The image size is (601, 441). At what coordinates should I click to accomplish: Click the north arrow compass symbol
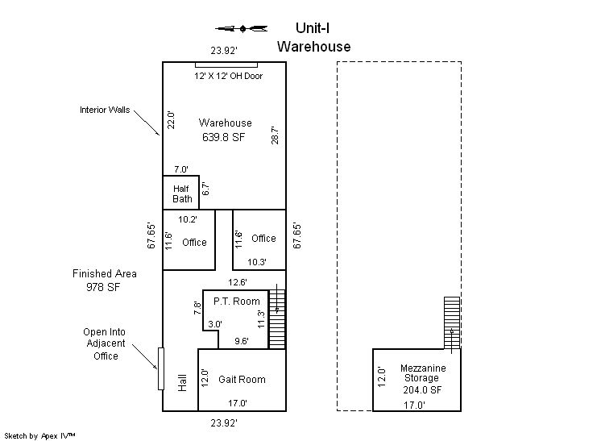242,28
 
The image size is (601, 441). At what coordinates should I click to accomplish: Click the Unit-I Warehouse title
313,37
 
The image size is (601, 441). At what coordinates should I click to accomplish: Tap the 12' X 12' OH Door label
229,76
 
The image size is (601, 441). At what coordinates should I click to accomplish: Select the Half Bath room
181,193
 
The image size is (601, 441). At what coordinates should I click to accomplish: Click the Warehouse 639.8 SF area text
225,130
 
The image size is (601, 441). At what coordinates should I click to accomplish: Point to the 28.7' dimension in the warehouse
275,135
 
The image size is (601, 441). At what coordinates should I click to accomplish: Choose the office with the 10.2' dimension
189,239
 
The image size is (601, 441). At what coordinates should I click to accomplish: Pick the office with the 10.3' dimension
259,239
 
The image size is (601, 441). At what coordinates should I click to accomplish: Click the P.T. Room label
237,302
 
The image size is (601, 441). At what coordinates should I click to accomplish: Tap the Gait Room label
242,380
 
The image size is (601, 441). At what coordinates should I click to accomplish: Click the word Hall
182,383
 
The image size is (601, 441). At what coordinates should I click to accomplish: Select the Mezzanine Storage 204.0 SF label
422,379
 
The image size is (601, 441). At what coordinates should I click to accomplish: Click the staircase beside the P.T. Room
277,319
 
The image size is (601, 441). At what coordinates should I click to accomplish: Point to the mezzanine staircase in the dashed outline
452,322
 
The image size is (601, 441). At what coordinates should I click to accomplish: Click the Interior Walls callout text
105,110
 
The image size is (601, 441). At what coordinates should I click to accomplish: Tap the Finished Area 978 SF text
104,281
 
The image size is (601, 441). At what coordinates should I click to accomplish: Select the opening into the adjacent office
161,368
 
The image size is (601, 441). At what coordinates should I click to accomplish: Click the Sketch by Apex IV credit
39,436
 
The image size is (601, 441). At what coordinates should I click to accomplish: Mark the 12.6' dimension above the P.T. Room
238,283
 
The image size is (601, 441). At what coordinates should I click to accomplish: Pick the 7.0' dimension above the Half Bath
181,169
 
